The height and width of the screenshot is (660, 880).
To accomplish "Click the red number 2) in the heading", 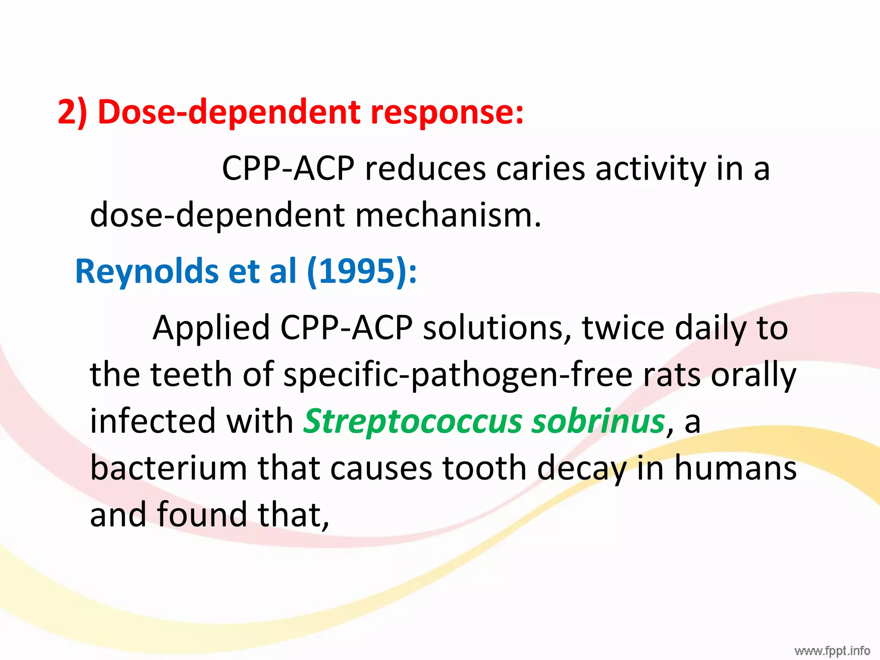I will tap(73, 112).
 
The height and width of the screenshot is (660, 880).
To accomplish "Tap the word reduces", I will tap(425, 168).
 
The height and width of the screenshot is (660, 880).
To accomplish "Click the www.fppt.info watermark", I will tap(832, 650).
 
